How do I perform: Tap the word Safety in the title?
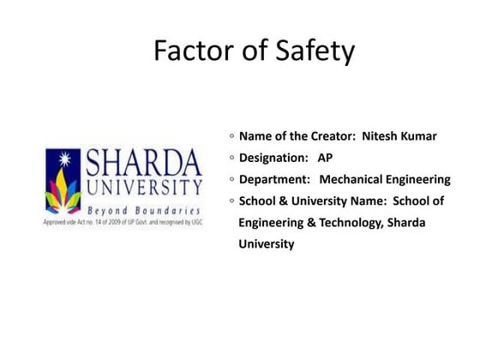(312, 52)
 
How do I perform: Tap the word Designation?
(273, 158)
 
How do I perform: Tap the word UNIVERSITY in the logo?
(143, 187)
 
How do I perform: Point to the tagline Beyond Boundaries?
(144, 209)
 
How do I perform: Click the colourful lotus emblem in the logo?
(63, 183)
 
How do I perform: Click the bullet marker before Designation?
(231, 158)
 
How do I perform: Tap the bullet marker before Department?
(231, 179)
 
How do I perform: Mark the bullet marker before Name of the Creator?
(231, 136)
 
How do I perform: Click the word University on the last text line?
(267, 244)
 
